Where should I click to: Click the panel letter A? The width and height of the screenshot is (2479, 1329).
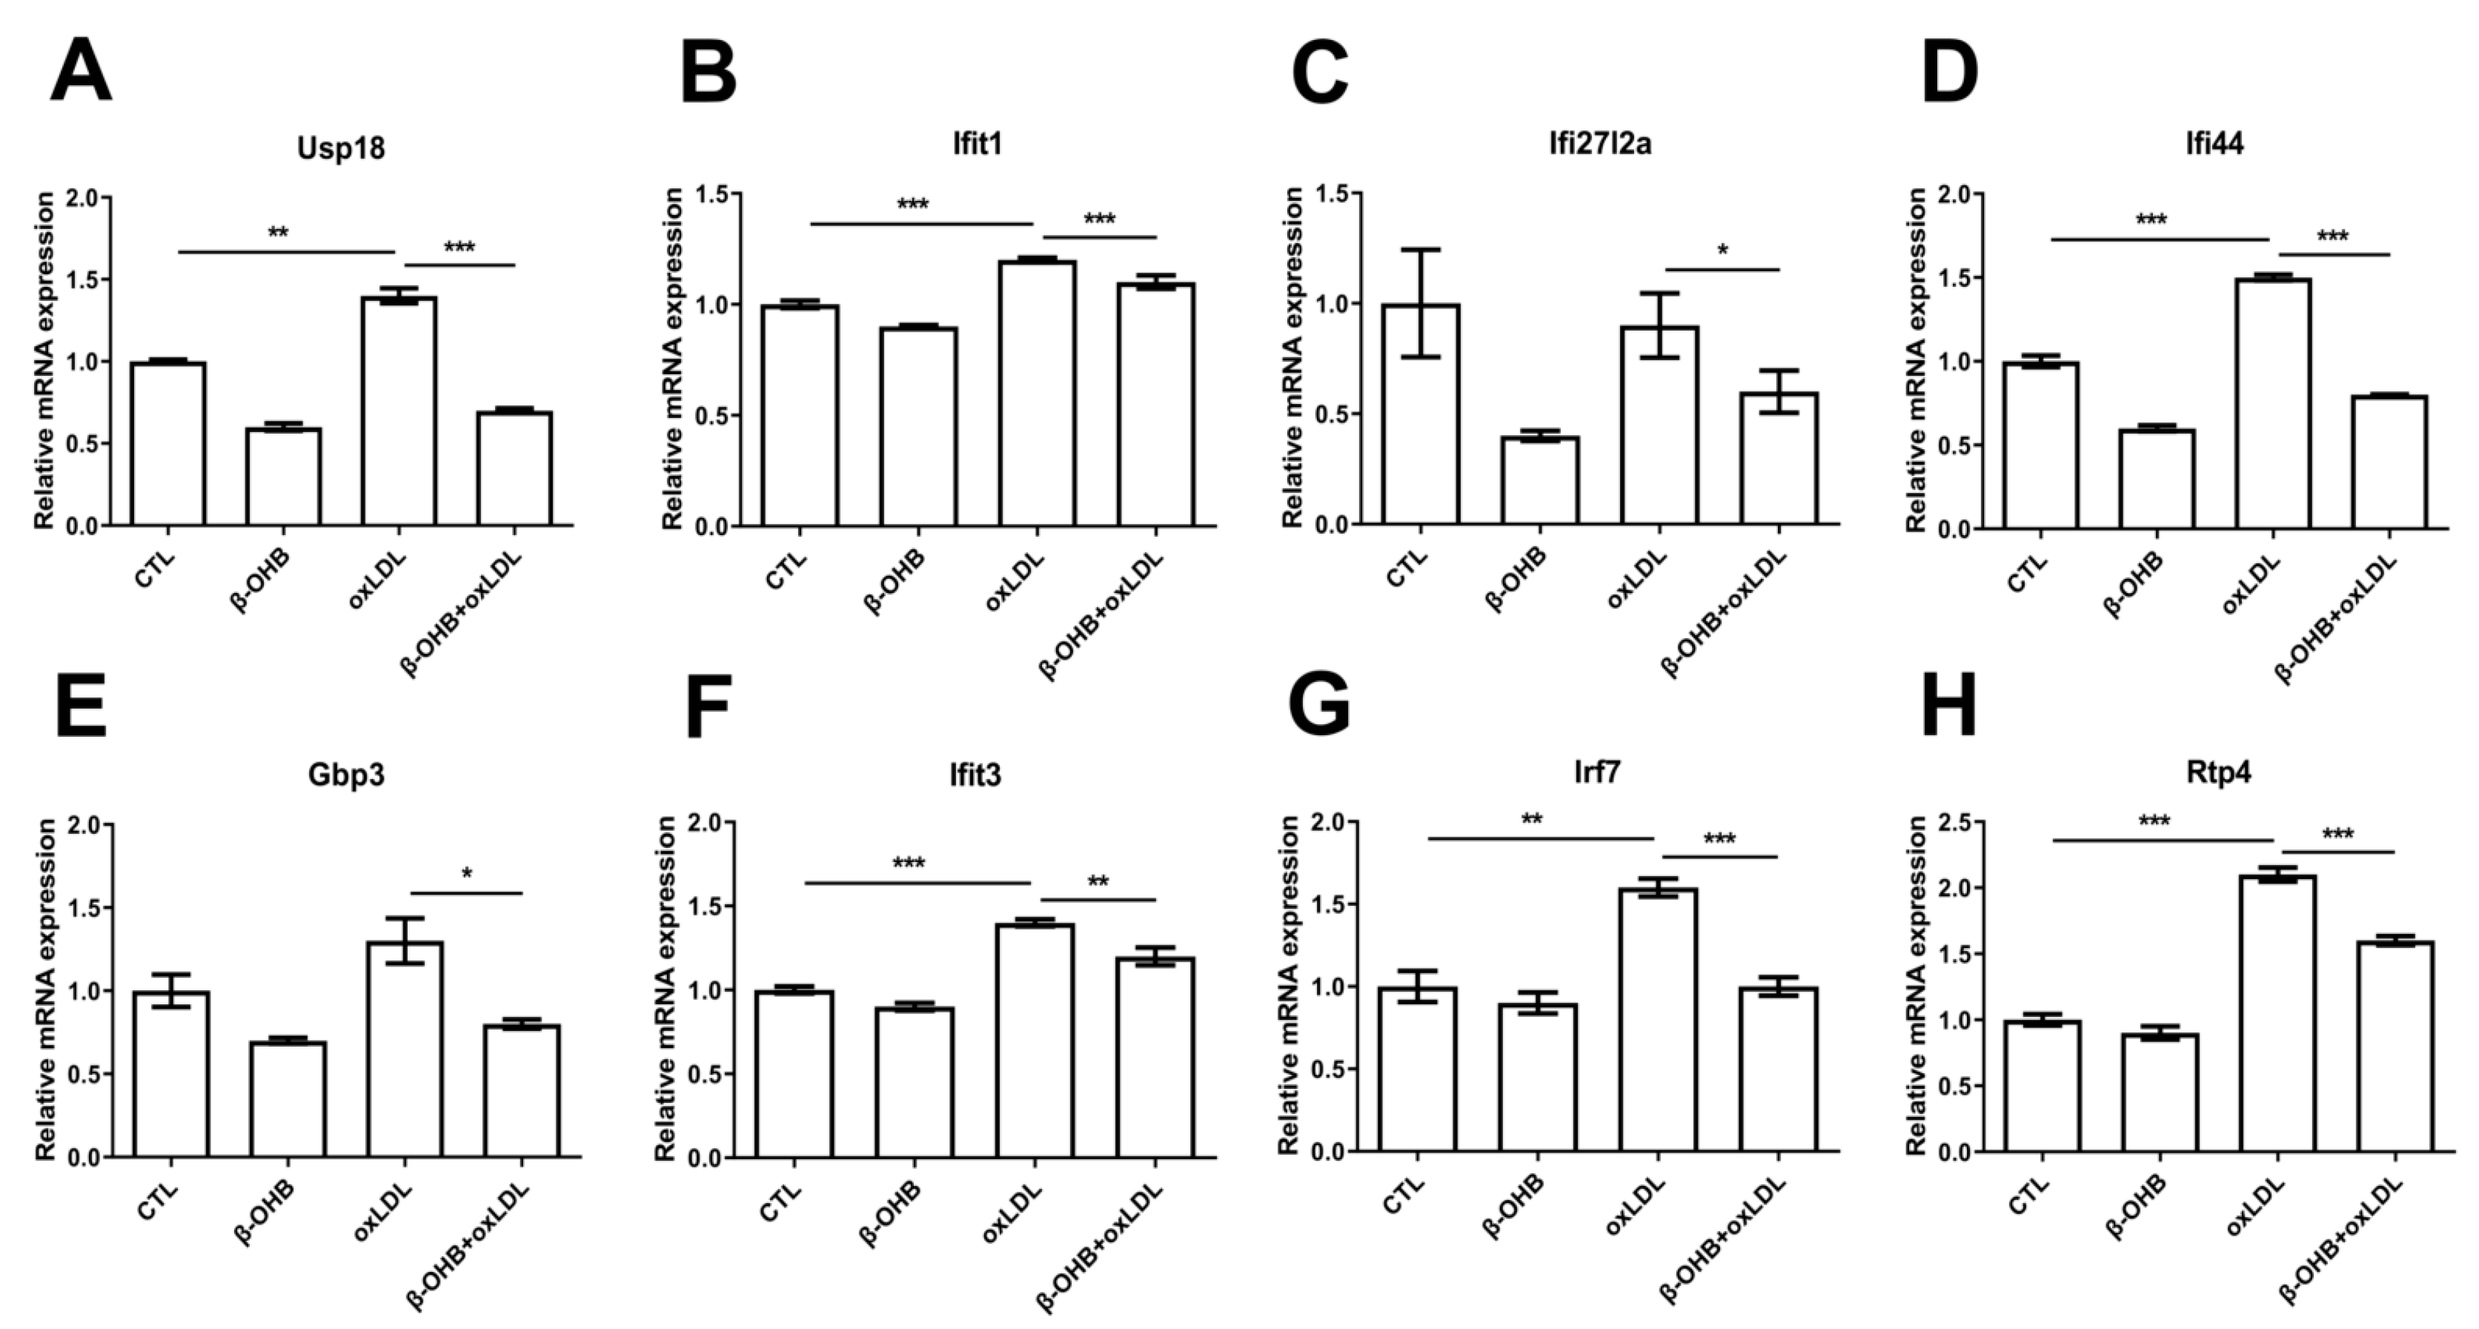81,72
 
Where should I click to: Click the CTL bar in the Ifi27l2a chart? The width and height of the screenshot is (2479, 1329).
1421,414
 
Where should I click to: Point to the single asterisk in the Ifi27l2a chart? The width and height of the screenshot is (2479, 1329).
1722,251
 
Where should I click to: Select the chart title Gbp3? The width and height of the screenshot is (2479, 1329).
346,775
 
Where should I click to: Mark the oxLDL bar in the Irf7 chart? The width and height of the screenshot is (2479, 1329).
1658,1020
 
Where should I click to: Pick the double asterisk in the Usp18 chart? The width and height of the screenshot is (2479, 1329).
278,233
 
